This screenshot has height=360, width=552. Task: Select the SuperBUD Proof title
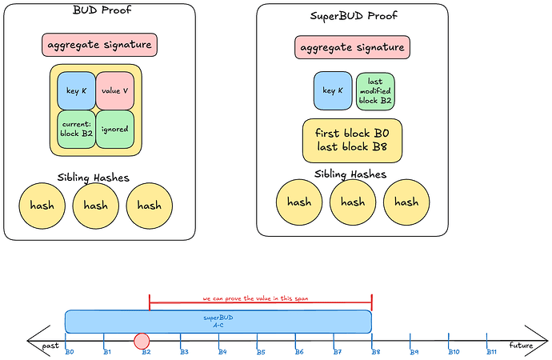pyautogui.click(x=353, y=16)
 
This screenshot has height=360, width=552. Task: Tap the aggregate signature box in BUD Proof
pyautogui.click(x=99, y=45)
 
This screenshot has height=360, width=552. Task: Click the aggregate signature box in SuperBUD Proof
pyautogui.click(x=353, y=48)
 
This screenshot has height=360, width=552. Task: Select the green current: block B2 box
pyautogui.click(x=76, y=128)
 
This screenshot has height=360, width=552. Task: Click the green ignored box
pyautogui.click(x=119, y=128)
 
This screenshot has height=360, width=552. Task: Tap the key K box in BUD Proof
pyautogui.click(x=76, y=90)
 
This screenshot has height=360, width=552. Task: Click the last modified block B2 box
pyautogui.click(x=375, y=90)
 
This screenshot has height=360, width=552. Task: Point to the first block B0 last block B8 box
pyautogui.click(x=352, y=140)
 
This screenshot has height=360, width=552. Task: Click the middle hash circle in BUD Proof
pyautogui.click(x=95, y=206)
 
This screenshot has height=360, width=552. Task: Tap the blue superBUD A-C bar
pyautogui.click(x=218, y=321)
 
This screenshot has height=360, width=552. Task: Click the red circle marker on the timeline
pyautogui.click(x=142, y=342)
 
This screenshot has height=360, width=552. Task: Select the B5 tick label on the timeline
pyautogui.click(x=261, y=352)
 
